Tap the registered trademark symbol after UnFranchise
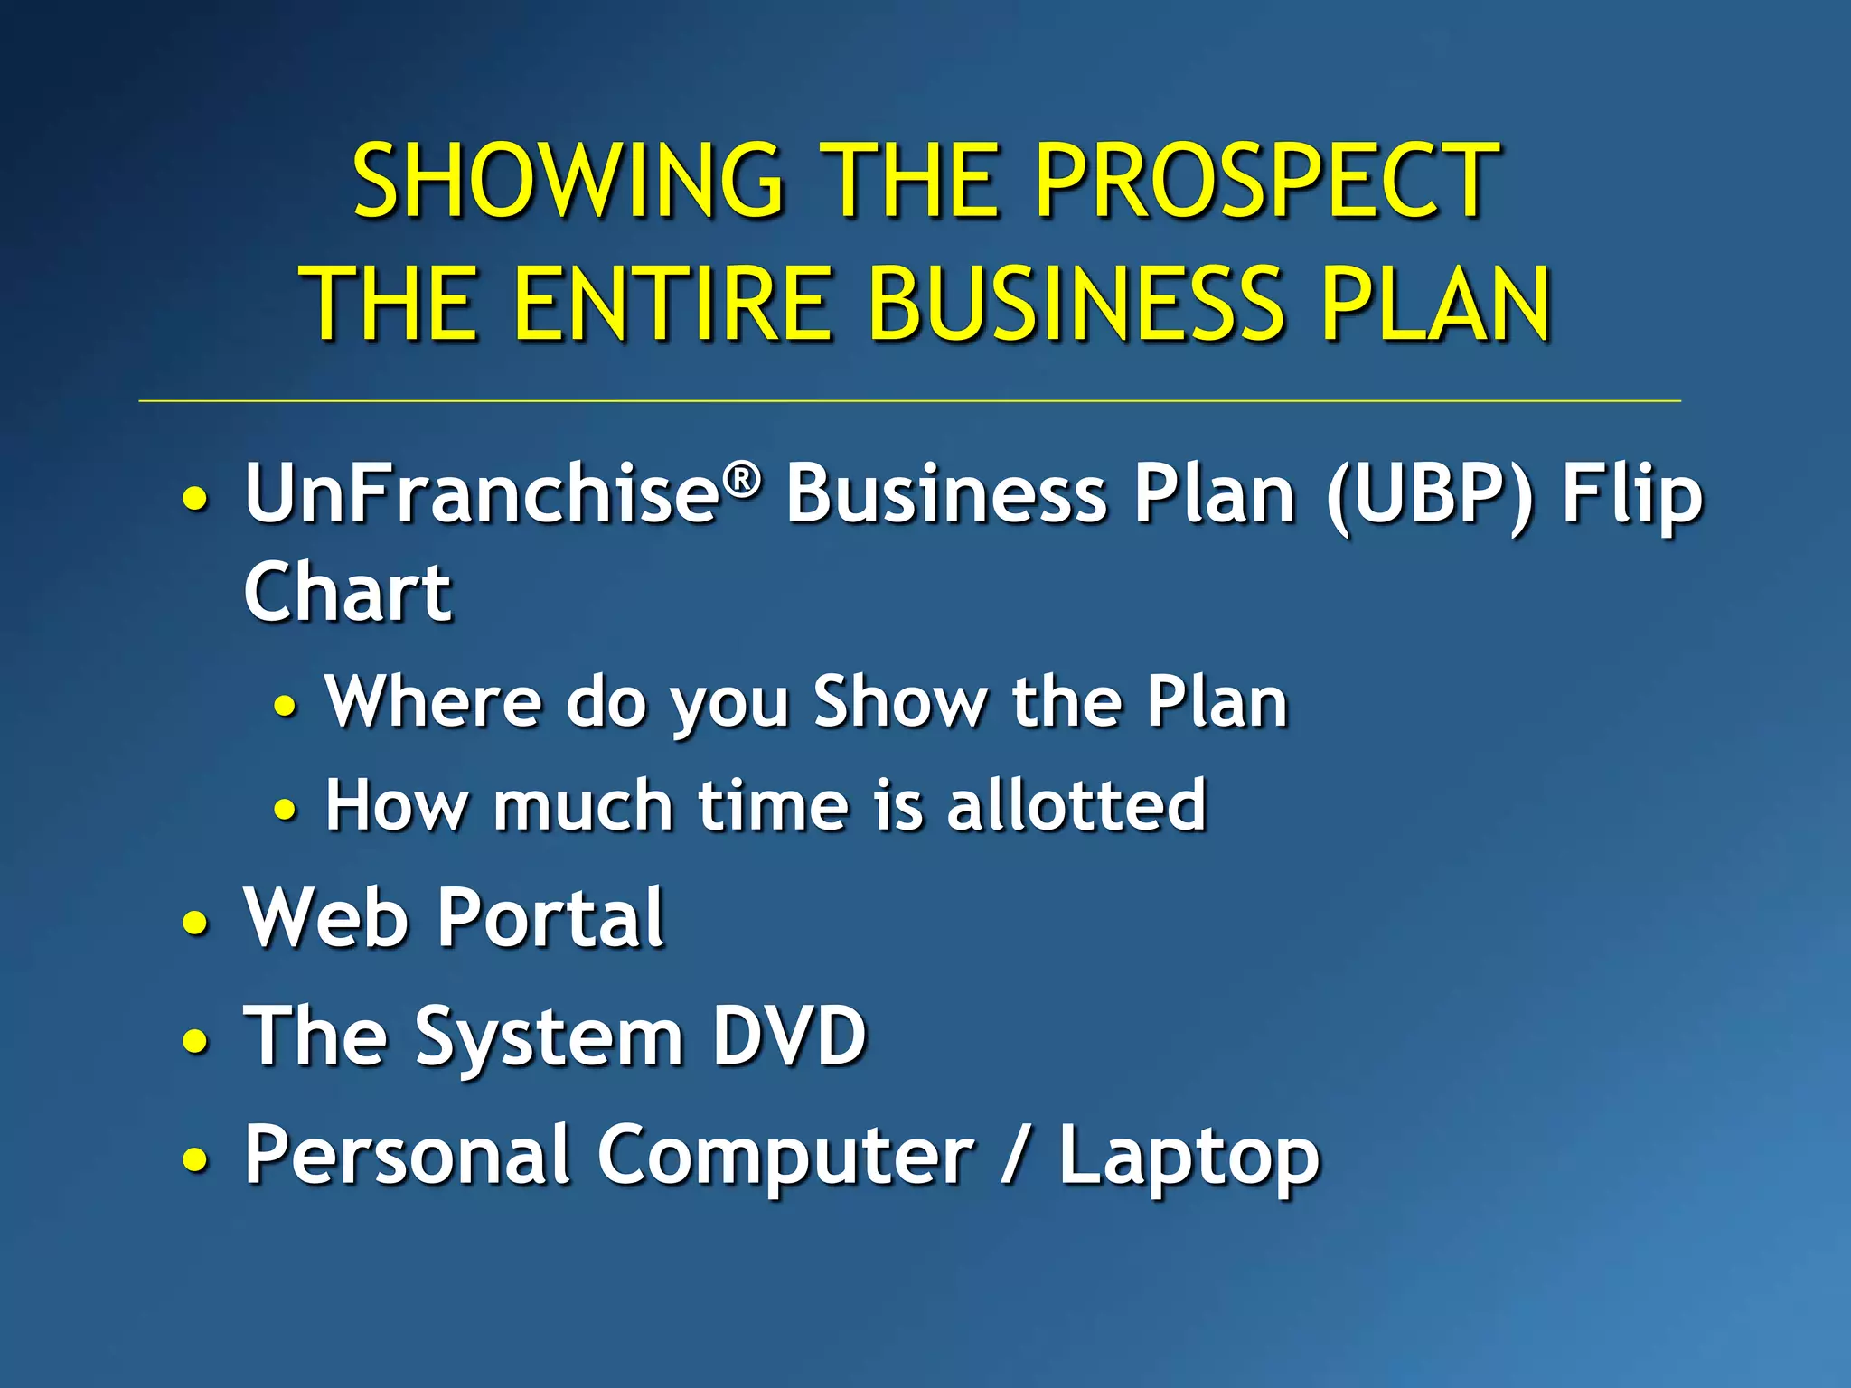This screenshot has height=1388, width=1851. [743, 479]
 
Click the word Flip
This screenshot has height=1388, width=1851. [1632, 495]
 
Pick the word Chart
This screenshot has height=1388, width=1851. [348, 593]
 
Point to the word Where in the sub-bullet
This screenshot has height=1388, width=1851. [433, 701]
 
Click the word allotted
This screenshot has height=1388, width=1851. [1076, 804]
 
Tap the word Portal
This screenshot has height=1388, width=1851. [551, 918]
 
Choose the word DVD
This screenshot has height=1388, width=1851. [789, 1036]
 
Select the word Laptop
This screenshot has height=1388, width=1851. [1189, 1157]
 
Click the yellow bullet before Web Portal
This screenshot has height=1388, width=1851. [195, 924]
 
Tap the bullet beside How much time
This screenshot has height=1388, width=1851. [285, 808]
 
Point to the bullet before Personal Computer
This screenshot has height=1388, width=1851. [195, 1158]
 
